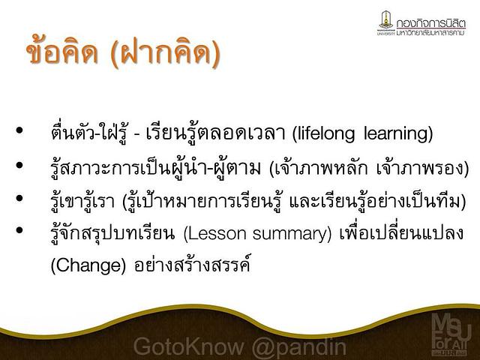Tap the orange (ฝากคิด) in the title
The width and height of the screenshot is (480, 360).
coord(165,52)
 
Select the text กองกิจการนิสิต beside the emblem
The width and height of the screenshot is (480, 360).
coord(431,23)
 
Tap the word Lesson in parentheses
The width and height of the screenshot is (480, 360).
coord(217,234)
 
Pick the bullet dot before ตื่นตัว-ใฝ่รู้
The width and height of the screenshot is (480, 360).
coord(19,130)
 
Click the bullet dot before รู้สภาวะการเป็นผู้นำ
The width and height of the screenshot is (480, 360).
coord(19,166)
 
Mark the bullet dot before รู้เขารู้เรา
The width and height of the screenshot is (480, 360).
coord(19,198)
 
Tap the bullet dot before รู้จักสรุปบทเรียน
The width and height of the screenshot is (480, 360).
coord(19,230)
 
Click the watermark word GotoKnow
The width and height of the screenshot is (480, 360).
coord(188,347)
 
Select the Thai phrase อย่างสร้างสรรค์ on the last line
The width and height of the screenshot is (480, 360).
coord(192,264)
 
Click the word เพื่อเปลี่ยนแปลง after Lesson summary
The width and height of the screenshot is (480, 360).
coord(402,232)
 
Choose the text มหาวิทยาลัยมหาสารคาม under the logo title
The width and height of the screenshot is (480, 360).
coord(430,32)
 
